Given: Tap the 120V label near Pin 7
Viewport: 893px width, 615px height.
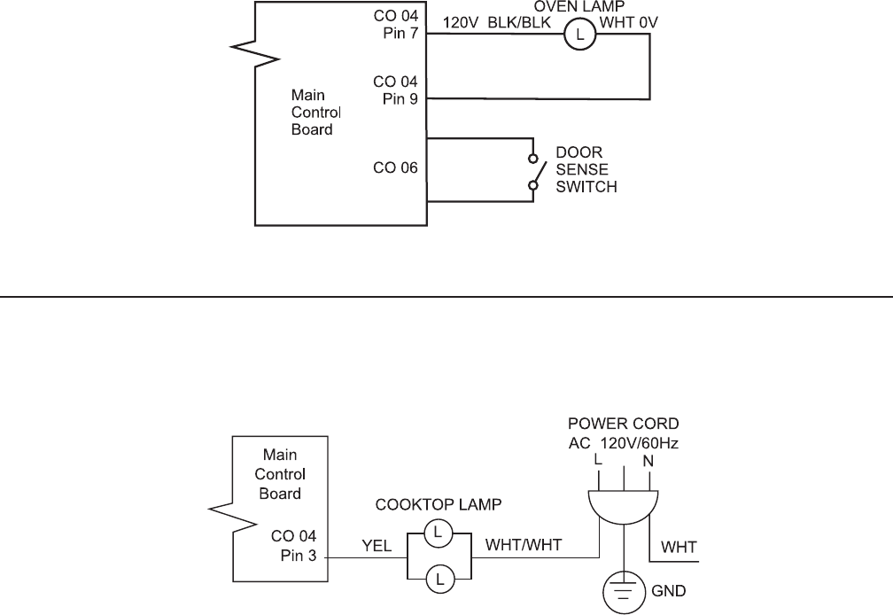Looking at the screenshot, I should click(x=461, y=24).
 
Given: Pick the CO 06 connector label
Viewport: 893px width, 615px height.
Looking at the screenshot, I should click(x=396, y=167).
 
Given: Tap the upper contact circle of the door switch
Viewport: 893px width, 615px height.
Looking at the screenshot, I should click(x=533, y=160).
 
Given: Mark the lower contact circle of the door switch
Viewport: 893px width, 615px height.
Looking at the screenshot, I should click(x=533, y=185).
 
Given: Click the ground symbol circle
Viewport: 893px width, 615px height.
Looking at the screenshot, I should click(x=624, y=588).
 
